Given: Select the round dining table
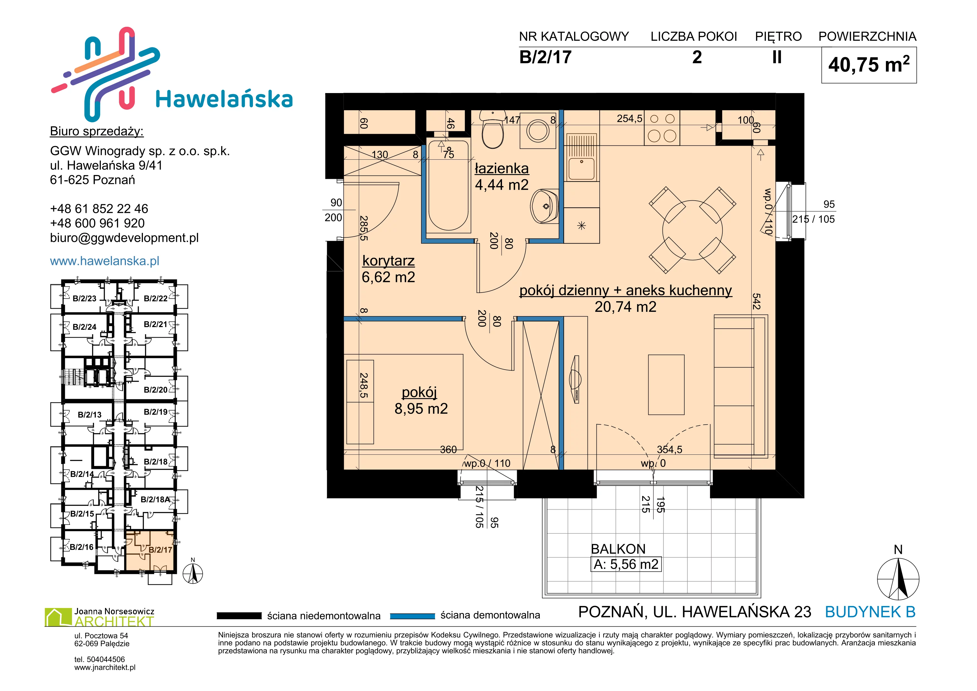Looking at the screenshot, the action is pos(692,230).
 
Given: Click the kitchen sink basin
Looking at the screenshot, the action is pos(582,169).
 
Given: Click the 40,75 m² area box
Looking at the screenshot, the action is pos(869,65).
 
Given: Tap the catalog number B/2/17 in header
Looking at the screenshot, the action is pos(545,57).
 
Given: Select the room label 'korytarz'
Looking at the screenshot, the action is pos(388,261).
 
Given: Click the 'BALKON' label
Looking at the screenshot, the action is pos(618,549).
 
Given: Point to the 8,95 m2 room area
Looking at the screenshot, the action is pos(421,409).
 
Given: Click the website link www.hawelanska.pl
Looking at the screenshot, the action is pos(105,261).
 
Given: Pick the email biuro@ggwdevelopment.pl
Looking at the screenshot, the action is pos(124,238).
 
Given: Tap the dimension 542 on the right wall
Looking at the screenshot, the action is pos(756,301).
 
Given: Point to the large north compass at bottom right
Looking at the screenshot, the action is pos(898,579).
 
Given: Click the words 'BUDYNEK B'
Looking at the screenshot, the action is pos(870,612).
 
